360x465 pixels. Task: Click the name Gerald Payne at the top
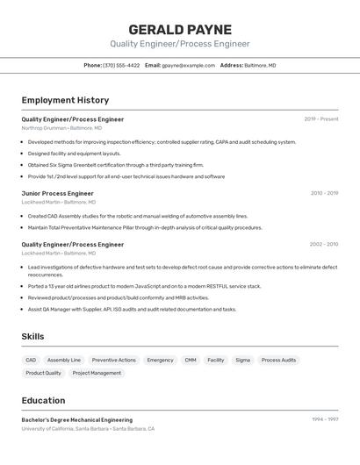tap(180, 30)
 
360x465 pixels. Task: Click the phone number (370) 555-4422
tap(121, 65)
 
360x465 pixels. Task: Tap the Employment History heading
tap(65, 100)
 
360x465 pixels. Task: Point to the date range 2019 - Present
tap(321, 118)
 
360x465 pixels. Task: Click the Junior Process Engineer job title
tap(57, 193)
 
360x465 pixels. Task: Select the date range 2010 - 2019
tap(324, 193)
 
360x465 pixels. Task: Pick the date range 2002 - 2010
tap(324, 244)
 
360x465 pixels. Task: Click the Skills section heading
tap(32, 336)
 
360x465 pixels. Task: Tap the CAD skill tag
tap(31, 360)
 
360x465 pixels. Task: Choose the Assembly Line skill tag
tap(64, 360)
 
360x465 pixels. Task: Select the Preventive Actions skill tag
tap(114, 360)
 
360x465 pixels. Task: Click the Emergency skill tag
tap(160, 360)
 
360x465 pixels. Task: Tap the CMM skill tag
tap(191, 360)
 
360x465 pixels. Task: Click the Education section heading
tap(43, 400)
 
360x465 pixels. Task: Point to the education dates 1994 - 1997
tap(325, 419)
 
